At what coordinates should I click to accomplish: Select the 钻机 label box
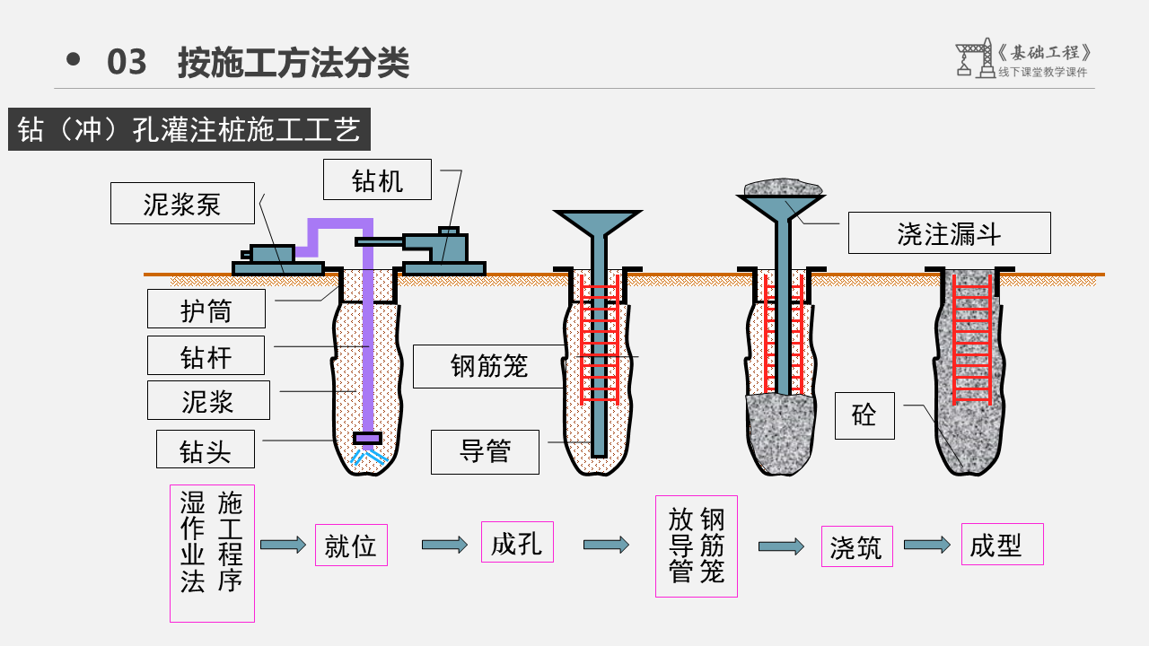(378, 179)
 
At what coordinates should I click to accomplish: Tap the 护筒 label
(206, 310)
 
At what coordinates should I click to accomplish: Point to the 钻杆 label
(206, 355)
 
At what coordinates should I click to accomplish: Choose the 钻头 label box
(205, 450)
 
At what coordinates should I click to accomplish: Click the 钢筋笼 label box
(489, 366)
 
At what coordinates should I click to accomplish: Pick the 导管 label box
(485, 451)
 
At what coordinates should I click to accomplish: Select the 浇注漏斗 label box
(949, 233)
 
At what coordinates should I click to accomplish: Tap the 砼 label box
(864, 415)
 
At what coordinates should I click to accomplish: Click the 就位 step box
(351, 545)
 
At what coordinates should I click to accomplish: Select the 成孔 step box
(517, 542)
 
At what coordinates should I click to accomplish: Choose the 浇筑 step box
(857, 546)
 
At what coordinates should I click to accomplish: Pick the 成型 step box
(1002, 544)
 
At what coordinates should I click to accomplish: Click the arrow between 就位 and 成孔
(445, 545)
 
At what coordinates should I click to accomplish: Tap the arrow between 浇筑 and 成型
(926, 545)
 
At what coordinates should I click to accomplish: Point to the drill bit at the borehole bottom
(367, 439)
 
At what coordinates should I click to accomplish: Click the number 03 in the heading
(127, 62)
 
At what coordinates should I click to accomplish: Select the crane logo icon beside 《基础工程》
(973, 58)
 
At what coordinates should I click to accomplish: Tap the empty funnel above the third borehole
(597, 223)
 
